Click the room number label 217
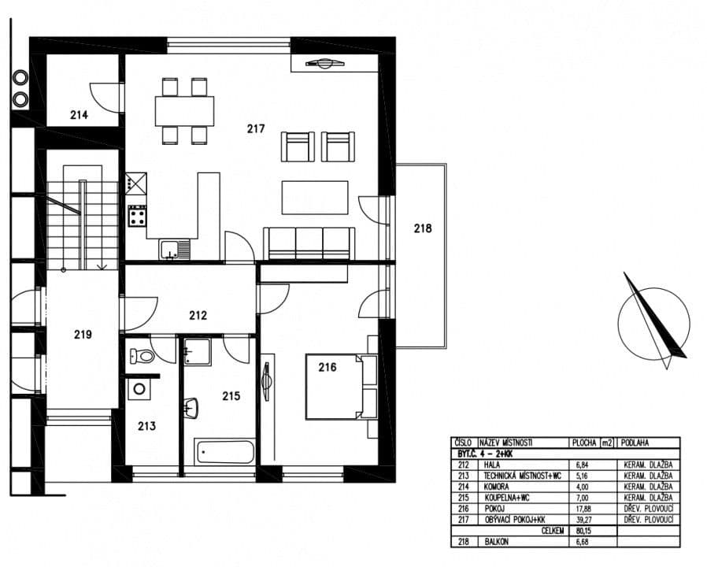(x=255, y=128)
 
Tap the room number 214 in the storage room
(x=79, y=115)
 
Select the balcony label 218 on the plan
(x=423, y=228)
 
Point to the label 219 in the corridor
(x=83, y=334)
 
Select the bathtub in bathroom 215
(x=225, y=452)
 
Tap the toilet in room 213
(x=143, y=355)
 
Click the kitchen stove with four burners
(x=137, y=215)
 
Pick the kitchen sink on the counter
(x=174, y=250)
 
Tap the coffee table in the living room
(x=315, y=197)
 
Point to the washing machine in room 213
(x=139, y=389)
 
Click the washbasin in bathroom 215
(x=191, y=409)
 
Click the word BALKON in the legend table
(x=498, y=543)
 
